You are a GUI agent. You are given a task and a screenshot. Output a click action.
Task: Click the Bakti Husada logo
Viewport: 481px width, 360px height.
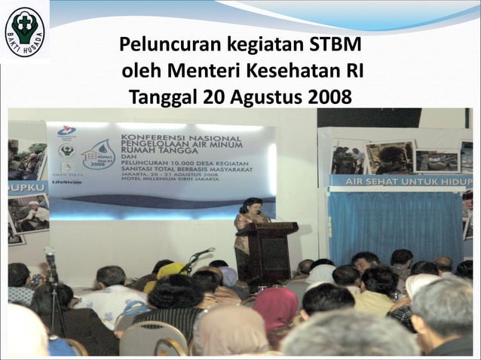(x=24, y=31)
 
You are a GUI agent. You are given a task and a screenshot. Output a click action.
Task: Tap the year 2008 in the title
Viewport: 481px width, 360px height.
(x=329, y=98)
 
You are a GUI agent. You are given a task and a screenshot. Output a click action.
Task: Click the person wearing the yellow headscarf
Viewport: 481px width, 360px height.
(x=170, y=270)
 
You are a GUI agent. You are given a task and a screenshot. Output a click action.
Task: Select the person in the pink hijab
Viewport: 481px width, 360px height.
(x=274, y=309)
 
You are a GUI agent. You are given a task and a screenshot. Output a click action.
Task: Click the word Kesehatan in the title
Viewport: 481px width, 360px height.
(x=287, y=72)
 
